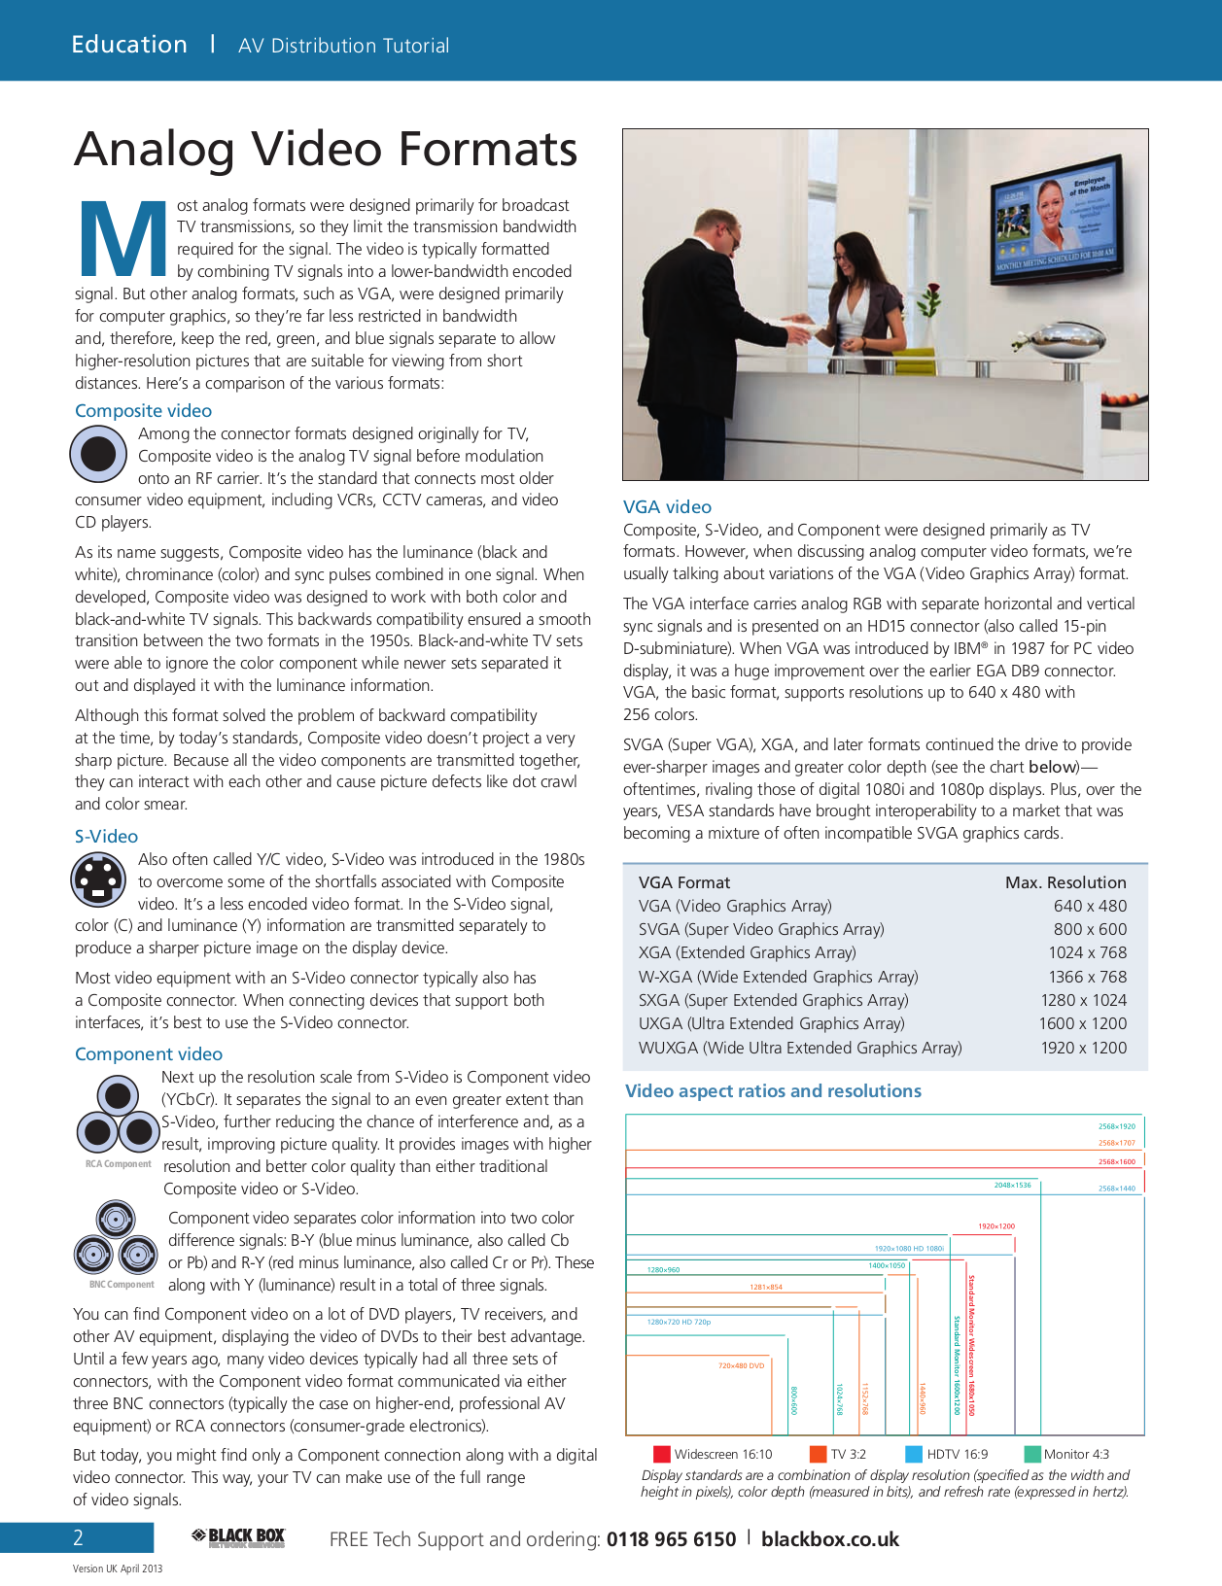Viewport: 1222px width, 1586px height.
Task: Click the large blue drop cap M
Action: (x=122, y=238)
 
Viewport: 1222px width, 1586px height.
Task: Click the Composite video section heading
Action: (x=143, y=411)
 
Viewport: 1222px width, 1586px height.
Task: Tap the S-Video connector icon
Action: (x=98, y=879)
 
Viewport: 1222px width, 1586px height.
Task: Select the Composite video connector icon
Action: (x=98, y=454)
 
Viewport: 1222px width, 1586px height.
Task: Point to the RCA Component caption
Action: (x=118, y=1164)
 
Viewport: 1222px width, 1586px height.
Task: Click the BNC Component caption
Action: (x=122, y=1285)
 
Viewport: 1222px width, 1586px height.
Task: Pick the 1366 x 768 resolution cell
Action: (x=1087, y=977)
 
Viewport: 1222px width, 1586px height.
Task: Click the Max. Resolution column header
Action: (x=1065, y=882)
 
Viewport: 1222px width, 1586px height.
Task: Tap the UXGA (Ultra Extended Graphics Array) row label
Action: (x=771, y=1023)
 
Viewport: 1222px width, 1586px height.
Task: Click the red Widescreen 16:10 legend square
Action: (x=662, y=1454)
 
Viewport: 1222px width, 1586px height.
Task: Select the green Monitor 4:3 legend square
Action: (x=1032, y=1454)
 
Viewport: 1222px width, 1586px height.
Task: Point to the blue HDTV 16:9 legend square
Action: (x=914, y=1454)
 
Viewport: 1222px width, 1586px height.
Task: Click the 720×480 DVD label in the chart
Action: (x=741, y=1365)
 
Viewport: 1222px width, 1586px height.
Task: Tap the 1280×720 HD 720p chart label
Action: (x=679, y=1322)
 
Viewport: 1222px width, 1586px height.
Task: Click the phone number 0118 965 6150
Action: (x=671, y=1539)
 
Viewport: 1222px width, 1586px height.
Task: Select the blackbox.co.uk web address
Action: (x=829, y=1539)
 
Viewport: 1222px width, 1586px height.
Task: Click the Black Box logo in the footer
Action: (x=238, y=1537)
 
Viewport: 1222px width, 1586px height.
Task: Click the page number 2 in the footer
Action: (x=79, y=1537)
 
